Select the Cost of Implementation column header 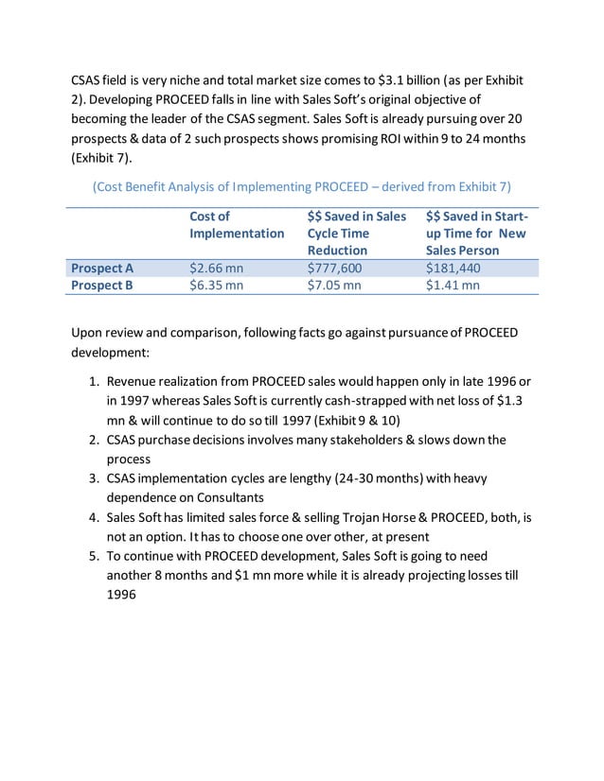click(236, 224)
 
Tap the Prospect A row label click(102, 268)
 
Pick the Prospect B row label click(102, 285)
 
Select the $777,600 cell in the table click(334, 268)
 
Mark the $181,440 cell click(453, 268)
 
